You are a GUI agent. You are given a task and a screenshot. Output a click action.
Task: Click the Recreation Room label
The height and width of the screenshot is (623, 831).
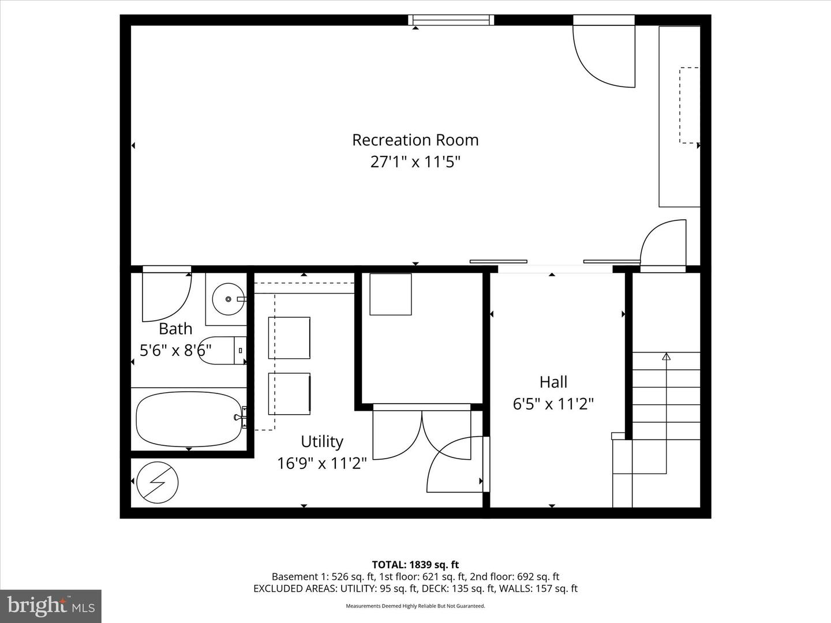(x=415, y=140)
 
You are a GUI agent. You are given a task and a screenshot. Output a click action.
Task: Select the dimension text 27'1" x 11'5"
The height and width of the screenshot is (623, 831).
(x=415, y=162)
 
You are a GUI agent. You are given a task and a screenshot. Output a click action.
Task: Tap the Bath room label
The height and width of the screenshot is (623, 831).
(x=175, y=329)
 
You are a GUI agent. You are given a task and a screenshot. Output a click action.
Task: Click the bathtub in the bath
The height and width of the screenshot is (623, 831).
(x=189, y=419)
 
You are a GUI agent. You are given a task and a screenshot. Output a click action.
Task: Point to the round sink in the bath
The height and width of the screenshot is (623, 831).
(x=229, y=299)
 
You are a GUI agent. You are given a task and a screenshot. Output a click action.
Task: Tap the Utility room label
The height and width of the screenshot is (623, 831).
(x=321, y=441)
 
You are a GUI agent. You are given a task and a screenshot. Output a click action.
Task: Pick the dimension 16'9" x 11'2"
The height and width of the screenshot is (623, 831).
(x=321, y=463)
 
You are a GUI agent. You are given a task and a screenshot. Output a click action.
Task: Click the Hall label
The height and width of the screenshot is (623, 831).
(x=553, y=382)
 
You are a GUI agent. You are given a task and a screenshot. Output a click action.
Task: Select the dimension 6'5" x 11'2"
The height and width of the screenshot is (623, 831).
(x=553, y=403)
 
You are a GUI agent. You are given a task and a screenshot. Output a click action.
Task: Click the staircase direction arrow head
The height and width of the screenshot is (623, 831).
(x=666, y=356)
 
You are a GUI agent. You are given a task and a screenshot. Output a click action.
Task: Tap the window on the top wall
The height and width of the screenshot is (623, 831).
(x=451, y=20)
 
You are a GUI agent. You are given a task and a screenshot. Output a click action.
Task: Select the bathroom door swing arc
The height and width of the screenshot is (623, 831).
(x=167, y=297)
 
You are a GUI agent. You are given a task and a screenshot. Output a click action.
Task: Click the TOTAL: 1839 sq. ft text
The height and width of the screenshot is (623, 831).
(x=415, y=565)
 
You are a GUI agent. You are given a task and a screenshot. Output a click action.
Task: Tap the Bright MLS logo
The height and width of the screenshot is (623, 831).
(x=51, y=606)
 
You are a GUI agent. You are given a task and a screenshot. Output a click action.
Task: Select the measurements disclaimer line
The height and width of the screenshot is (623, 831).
(x=415, y=606)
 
